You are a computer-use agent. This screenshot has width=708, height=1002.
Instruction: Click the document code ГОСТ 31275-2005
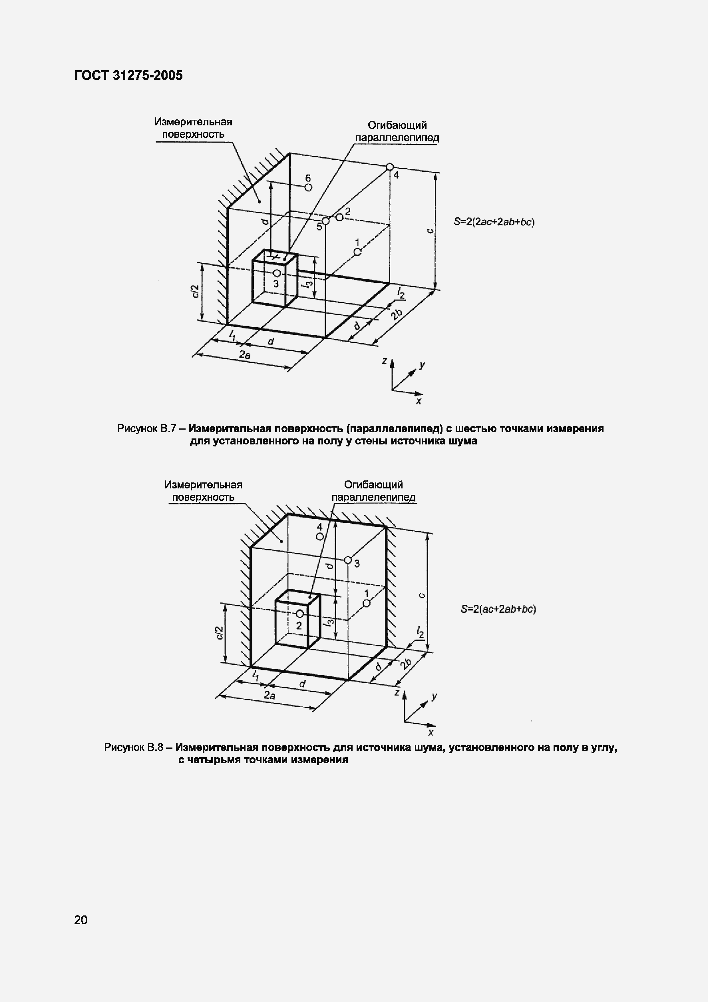click(128, 75)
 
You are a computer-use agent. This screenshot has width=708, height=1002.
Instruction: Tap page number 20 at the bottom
click(81, 919)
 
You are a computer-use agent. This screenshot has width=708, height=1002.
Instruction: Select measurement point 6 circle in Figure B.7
click(308, 187)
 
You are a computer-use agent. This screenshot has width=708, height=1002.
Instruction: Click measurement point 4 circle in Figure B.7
click(390, 167)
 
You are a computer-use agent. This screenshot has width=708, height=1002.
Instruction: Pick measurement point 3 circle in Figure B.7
click(277, 273)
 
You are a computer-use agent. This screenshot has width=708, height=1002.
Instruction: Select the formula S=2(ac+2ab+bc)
click(498, 609)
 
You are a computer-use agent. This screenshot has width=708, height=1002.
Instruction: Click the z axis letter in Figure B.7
click(384, 361)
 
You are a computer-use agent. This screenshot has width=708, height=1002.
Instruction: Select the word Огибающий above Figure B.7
click(397, 126)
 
